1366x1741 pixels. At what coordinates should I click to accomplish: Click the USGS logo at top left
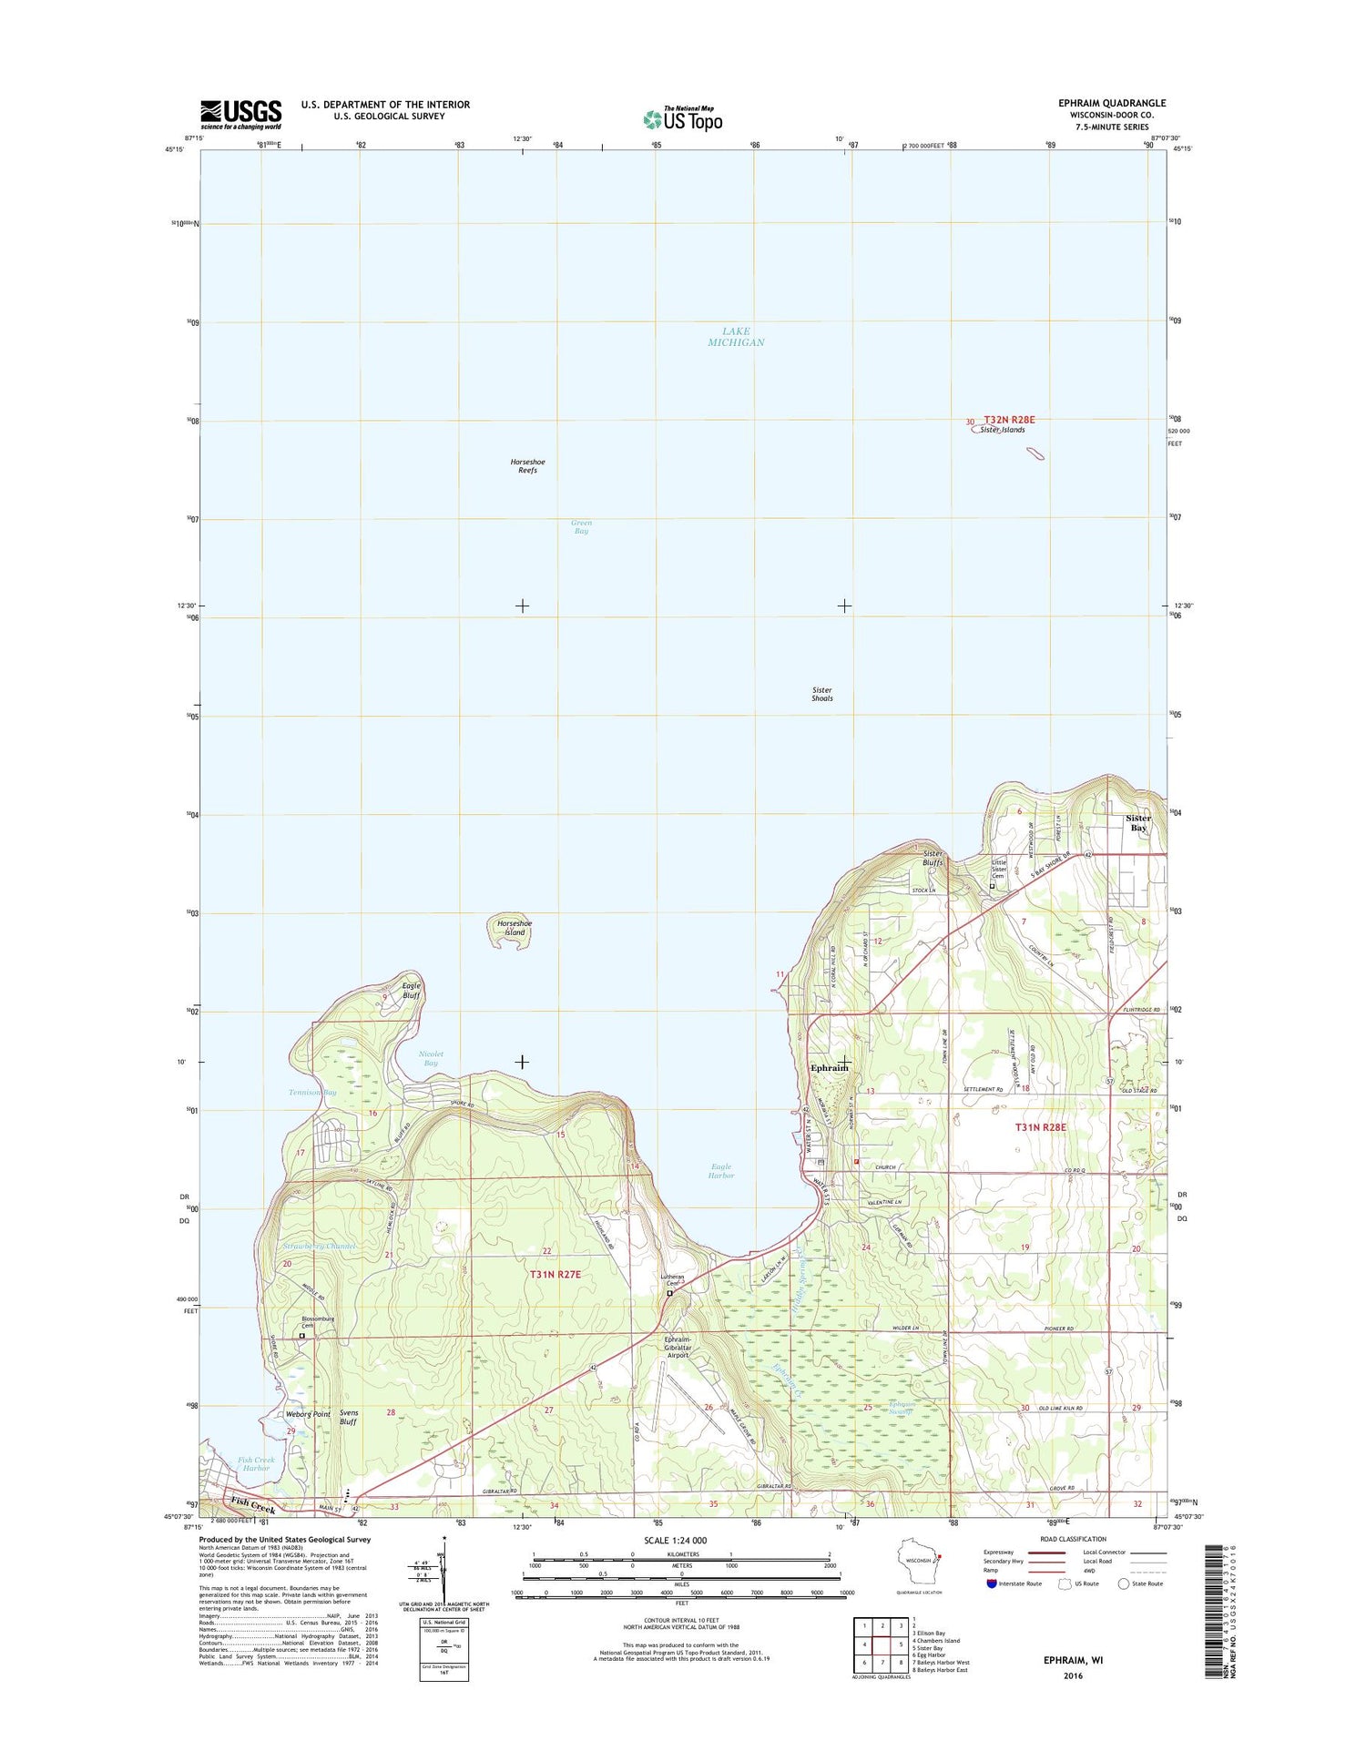point(240,114)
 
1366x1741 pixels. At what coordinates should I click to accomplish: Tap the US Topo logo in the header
point(682,118)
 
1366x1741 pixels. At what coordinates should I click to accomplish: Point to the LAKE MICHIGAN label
point(736,337)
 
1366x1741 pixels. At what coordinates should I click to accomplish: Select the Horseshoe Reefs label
point(527,466)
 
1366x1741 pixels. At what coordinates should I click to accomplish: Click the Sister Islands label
point(1003,430)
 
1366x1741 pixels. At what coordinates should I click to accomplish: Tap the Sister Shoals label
point(821,694)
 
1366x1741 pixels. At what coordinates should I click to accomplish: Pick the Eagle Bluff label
point(412,991)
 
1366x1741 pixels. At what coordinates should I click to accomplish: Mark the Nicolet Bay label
point(431,1058)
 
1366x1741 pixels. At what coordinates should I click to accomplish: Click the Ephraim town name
point(828,1067)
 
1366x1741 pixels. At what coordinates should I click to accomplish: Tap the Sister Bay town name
point(1138,822)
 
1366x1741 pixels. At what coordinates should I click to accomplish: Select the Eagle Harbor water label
point(720,1170)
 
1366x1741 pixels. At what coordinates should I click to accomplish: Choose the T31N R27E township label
point(555,1274)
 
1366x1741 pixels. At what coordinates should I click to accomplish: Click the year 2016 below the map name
point(1073,1675)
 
